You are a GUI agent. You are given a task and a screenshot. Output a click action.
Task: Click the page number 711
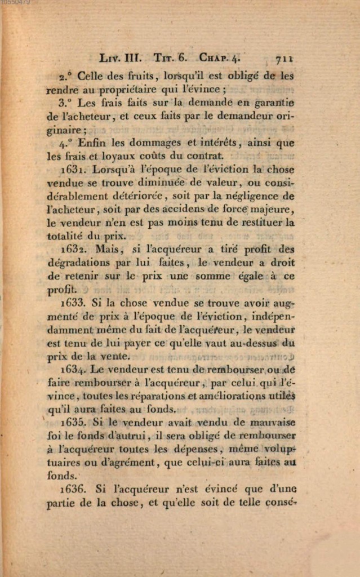pos(286,57)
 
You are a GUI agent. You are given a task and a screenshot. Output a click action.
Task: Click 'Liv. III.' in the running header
pos(121,57)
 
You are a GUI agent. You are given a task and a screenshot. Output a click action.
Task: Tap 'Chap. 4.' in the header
pos(219,57)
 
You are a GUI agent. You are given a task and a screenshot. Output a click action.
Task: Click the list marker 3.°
pos(65,103)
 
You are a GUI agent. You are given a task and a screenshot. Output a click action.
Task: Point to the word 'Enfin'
pos(92,143)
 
